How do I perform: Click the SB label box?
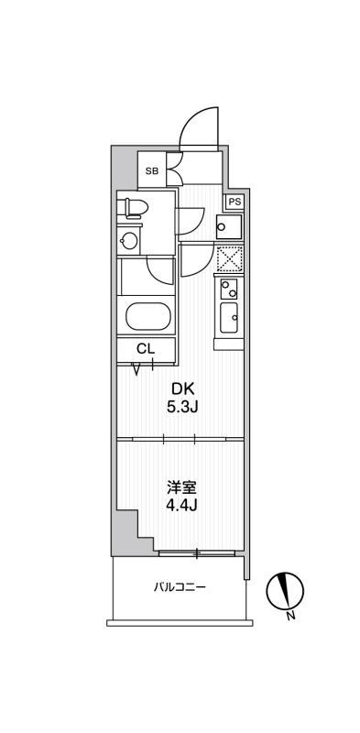click(x=151, y=171)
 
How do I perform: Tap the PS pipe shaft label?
click(x=235, y=202)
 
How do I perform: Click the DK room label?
click(x=183, y=388)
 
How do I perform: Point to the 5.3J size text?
click(x=183, y=407)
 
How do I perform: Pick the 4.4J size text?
click(x=182, y=506)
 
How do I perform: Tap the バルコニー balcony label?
click(x=180, y=586)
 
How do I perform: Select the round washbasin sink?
click(x=129, y=241)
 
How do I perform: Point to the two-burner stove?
click(x=229, y=289)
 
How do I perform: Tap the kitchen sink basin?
click(x=229, y=318)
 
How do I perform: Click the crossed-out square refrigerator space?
click(x=229, y=258)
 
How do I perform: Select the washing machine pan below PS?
click(x=229, y=226)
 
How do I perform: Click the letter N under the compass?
click(x=290, y=615)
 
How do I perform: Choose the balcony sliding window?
click(x=196, y=553)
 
